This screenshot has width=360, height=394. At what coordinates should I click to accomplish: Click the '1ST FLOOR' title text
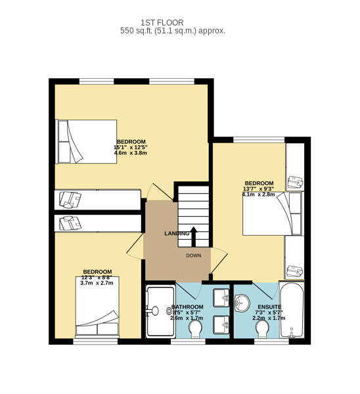tap(162, 22)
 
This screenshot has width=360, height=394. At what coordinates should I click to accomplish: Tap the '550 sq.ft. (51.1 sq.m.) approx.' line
tap(173, 31)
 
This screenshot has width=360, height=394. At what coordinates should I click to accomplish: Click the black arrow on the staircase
tap(194, 236)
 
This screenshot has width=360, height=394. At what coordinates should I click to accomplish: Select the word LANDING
tap(177, 233)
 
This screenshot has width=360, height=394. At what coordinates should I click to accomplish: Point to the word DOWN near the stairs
tap(194, 255)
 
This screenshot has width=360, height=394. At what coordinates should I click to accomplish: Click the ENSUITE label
tap(269, 307)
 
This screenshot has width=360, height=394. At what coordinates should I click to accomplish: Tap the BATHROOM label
tap(187, 307)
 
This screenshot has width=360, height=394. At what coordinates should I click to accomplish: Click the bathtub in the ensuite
tap(292, 310)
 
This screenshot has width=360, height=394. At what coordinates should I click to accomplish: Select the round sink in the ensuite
tap(242, 303)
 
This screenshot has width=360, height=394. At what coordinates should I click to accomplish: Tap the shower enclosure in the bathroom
tap(160, 311)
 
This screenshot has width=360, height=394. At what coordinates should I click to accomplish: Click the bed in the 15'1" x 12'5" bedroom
tap(86, 142)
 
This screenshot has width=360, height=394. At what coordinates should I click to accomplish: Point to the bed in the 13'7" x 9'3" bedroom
tap(273, 213)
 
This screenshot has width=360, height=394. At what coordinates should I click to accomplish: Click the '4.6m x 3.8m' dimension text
tap(131, 153)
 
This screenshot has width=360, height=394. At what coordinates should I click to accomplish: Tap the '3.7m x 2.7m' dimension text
tap(97, 283)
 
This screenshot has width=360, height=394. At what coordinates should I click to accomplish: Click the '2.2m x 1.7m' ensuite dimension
tap(269, 318)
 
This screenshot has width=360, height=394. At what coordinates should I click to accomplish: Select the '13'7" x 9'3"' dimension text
tap(258, 188)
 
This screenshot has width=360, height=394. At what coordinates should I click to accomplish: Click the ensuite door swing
tap(265, 291)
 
